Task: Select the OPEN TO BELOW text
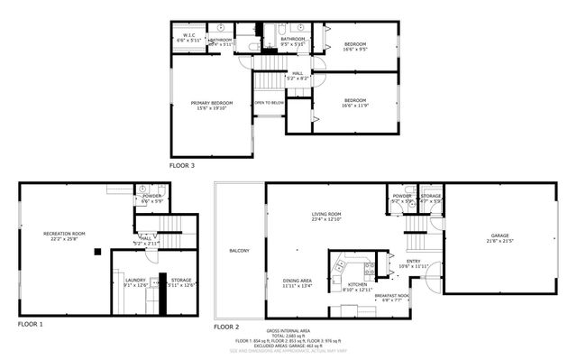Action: tap(269, 103)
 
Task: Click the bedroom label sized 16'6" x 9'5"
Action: tap(354, 46)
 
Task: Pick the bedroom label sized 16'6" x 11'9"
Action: tap(354, 102)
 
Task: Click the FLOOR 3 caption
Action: tap(181, 165)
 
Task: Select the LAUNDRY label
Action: tap(134, 282)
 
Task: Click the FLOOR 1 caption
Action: tap(29, 323)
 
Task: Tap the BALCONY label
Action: tap(239, 250)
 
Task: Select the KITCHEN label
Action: tap(358, 286)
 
